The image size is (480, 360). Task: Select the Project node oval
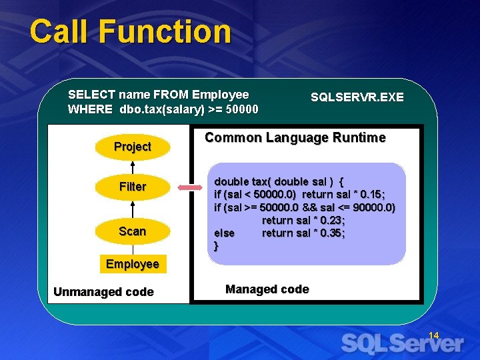[132, 147]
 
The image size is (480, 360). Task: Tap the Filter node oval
[132, 187]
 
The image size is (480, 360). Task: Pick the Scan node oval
[132, 231]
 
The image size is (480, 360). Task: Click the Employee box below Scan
[132, 264]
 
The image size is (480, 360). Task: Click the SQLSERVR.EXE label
[357, 97]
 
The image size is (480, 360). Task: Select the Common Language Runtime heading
[295, 138]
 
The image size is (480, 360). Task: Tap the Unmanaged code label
[103, 292]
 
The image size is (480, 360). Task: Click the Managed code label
[267, 289]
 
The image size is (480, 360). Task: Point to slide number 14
[433, 335]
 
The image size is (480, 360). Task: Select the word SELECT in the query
[90, 95]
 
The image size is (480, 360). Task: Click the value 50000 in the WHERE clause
[241, 109]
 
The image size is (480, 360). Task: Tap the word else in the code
[224, 233]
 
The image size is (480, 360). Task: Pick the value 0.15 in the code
[370, 194]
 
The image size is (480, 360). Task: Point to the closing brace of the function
[216, 246]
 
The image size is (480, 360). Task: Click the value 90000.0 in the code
[369, 207]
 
